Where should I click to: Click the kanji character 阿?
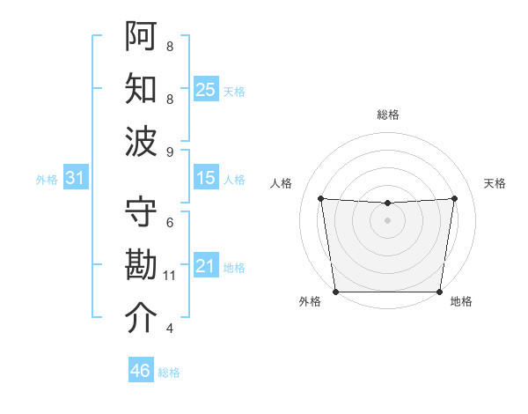click(x=141, y=36)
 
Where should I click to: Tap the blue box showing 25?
click(x=206, y=90)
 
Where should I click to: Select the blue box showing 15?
click(x=206, y=179)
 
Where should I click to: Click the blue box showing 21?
click(x=206, y=267)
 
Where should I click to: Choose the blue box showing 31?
click(x=76, y=179)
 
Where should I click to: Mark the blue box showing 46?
click(x=140, y=371)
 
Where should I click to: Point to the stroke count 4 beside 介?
click(x=170, y=329)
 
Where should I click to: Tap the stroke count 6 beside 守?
click(x=170, y=224)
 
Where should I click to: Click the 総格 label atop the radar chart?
click(x=387, y=115)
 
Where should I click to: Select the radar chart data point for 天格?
click(x=455, y=198)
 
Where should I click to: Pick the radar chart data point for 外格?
click(x=335, y=292)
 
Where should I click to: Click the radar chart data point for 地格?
click(x=439, y=292)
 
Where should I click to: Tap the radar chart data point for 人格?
click(x=320, y=198)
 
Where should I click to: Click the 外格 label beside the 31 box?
click(x=47, y=180)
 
